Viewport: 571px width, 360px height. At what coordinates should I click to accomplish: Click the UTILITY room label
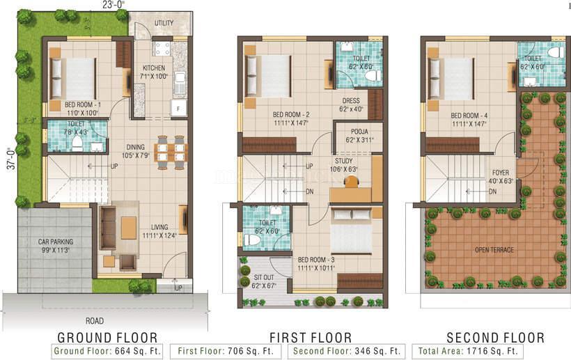pyautogui.click(x=164, y=23)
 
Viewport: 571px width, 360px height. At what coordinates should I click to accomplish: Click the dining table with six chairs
pyautogui.click(x=171, y=152)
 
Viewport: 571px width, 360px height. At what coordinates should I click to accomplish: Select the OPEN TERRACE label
pyautogui.click(x=494, y=250)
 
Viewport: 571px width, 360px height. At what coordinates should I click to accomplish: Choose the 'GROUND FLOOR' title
pyautogui.click(x=107, y=338)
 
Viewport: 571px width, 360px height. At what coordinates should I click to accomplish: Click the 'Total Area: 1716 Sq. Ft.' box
pyautogui.click(x=467, y=351)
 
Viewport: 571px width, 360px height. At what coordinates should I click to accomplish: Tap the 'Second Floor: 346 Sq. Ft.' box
pyautogui.click(x=347, y=351)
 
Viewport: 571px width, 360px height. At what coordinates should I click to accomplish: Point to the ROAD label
pyautogui.click(x=95, y=321)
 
